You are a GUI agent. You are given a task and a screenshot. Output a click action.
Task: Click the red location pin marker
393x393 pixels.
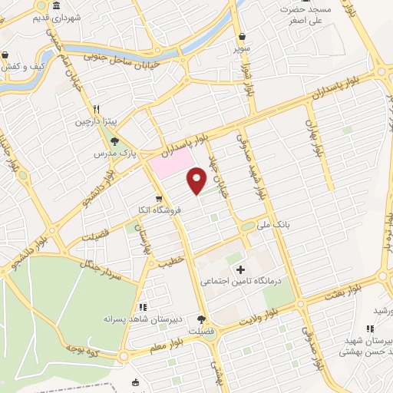pos(197,180)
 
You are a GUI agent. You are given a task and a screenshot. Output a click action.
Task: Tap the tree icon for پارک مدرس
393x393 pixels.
pos(114,141)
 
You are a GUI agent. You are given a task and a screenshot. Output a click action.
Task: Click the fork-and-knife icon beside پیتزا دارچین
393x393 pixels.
pos(97,109)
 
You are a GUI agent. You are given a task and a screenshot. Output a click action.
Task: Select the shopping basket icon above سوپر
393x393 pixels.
pos(243,36)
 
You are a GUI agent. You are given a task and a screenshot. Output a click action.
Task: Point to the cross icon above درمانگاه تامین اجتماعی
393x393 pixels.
pos(241,269)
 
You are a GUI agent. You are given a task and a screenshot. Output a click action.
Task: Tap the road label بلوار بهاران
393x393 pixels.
pos(314,138)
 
